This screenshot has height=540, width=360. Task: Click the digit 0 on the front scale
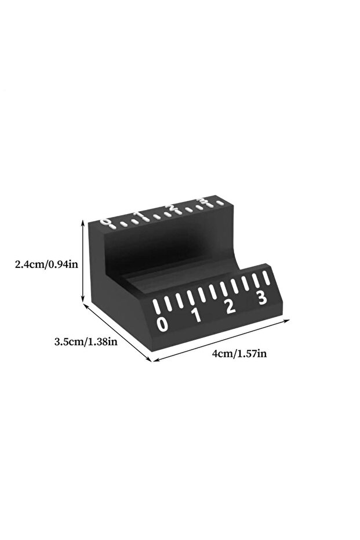(x=162, y=324)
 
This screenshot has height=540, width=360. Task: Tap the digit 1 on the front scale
(x=197, y=315)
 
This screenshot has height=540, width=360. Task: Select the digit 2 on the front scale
(x=230, y=306)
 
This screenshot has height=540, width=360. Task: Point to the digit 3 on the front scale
(x=262, y=298)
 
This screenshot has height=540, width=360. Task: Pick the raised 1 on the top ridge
(x=139, y=215)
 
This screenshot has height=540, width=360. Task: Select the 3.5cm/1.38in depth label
(x=86, y=342)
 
